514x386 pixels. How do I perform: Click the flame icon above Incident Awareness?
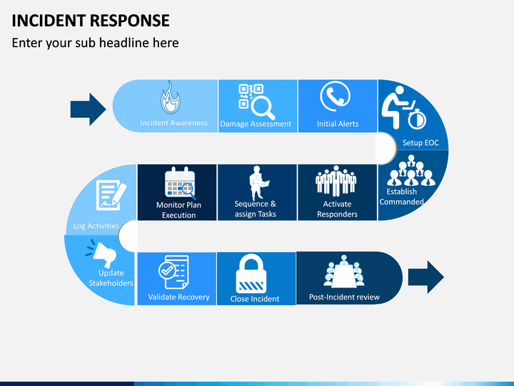(170, 97)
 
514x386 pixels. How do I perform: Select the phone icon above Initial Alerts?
(335, 96)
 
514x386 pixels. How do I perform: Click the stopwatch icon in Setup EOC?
(417, 119)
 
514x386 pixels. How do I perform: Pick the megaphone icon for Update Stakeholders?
(101, 253)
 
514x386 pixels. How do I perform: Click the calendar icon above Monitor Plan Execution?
(180, 183)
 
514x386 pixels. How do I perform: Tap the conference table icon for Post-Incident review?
(343, 272)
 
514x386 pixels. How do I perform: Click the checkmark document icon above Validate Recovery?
(173, 272)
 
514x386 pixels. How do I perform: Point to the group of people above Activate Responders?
(336, 181)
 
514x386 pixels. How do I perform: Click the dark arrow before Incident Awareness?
(89, 109)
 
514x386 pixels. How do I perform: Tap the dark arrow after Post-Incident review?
(425, 277)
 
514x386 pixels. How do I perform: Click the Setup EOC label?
(420, 143)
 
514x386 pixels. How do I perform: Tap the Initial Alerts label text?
(338, 124)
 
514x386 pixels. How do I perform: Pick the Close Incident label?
(255, 299)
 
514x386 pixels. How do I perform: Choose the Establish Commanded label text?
(401, 197)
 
